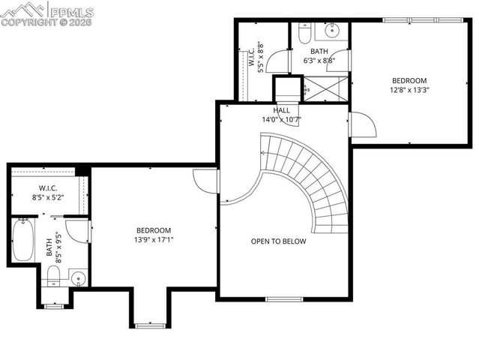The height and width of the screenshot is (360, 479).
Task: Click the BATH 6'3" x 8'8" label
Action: tap(319, 55)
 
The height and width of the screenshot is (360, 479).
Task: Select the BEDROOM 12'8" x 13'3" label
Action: tap(409, 85)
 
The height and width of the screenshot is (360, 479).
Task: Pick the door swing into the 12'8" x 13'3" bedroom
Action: tap(362, 125)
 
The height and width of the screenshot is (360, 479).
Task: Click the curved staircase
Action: tap(307, 180)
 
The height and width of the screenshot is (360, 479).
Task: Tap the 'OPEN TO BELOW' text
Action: tap(278, 241)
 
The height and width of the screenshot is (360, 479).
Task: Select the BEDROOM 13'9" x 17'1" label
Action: tap(153, 235)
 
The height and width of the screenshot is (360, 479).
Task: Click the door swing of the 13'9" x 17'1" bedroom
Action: tap(205, 181)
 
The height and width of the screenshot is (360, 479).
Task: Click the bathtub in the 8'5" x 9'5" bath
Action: tap(22, 239)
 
